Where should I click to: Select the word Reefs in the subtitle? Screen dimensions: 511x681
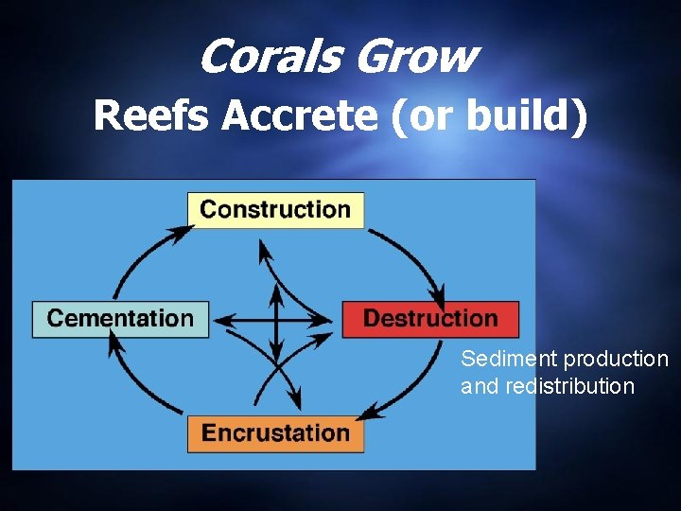tap(152, 117)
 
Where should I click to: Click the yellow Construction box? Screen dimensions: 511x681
tap(275, 209)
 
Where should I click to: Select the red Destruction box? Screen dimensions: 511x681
tap(430, 318)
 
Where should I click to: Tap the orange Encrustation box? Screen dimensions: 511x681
tap(275, 433)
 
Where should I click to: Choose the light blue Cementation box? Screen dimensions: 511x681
tap(120, 318)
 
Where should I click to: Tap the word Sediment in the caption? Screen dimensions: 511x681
tap(509, 360)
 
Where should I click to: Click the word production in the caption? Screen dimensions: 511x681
tap(616, 360)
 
